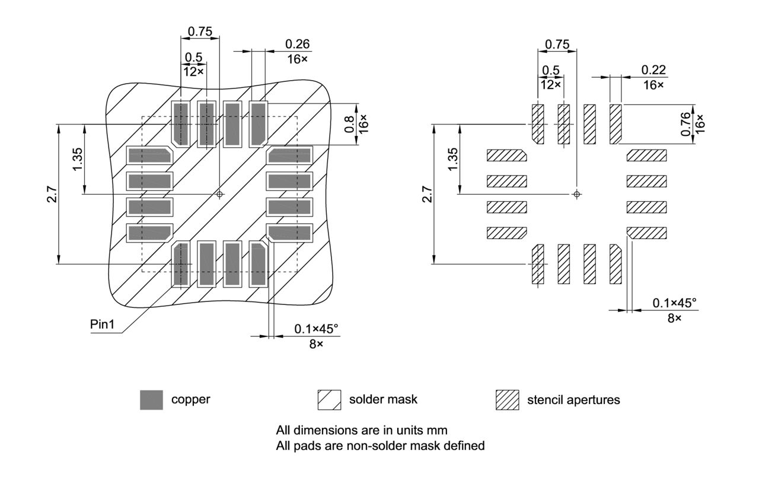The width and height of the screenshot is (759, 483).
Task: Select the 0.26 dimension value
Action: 297,44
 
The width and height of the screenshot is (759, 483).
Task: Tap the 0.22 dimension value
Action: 653,70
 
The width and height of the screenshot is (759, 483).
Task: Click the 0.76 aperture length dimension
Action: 686,125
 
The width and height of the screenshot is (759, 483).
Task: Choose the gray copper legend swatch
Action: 151,400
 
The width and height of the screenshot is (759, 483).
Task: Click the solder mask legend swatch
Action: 330,400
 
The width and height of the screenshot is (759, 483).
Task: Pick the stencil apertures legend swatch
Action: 507,400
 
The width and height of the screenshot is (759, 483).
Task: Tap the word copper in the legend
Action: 190,399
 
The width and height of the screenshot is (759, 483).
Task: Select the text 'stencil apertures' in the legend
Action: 573,400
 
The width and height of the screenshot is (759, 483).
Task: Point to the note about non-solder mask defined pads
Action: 380,445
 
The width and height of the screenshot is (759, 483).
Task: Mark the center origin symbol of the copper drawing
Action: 220,194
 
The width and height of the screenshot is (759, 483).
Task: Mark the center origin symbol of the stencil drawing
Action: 577,194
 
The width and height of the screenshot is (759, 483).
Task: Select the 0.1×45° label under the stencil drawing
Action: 674,303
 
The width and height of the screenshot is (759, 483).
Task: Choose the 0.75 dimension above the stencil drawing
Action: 556,44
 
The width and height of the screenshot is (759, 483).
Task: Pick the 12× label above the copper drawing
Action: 193,71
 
